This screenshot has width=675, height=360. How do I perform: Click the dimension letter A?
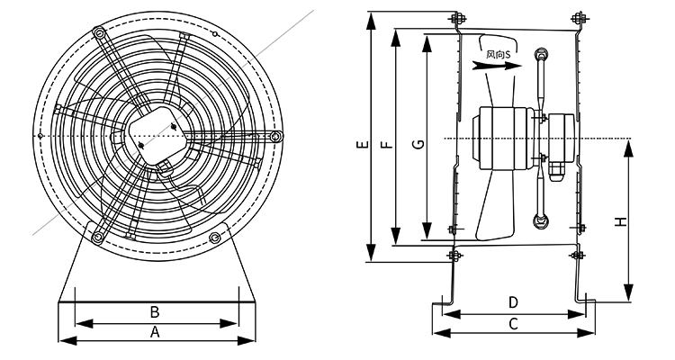coord(155,331)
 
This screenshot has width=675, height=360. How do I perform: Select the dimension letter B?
coord(155,312)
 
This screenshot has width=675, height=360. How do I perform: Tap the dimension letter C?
coord(513,323)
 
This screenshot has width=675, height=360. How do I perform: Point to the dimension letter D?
coord(513,301)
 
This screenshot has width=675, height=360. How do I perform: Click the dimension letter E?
coord(361,144)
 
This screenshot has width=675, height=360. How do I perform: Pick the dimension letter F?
coord(387,144)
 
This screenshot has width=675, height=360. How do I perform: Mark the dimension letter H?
coord(619,221)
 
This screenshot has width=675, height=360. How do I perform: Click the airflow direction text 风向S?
coord(498,54)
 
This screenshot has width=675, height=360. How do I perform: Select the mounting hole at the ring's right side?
coord(276,136)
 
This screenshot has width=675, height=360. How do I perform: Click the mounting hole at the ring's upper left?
coord(98,34)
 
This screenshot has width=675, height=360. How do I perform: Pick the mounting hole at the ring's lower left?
coord(96,237)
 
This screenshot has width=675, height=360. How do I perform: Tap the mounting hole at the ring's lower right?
coord(215,238)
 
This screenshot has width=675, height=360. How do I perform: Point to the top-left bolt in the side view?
coord(455,19)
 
